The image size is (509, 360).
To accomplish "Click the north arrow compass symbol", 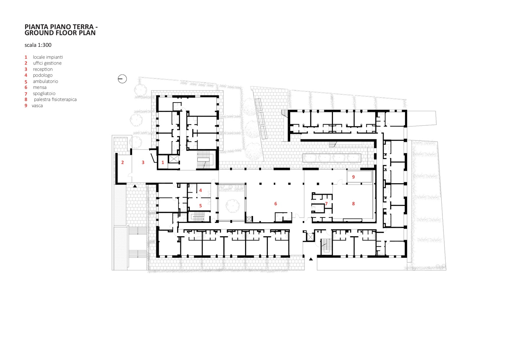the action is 122,79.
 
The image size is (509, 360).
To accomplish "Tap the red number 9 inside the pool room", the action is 353,177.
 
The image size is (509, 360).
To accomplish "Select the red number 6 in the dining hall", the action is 276,204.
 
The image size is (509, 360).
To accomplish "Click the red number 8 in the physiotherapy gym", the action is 353,204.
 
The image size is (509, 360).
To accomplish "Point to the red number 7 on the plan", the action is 326,204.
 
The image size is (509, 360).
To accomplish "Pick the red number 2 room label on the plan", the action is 122,162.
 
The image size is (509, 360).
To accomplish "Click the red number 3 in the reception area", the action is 143,162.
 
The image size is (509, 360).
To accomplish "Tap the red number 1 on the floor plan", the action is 163,162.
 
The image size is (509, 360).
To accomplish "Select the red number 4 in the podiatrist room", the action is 201,190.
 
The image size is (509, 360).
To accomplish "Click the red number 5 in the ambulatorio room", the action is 201,206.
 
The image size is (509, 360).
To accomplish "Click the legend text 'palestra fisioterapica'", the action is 55,100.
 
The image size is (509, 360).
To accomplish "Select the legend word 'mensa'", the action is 40,87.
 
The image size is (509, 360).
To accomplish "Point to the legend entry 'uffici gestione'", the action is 47,63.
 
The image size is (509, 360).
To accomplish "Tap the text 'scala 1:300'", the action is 38,45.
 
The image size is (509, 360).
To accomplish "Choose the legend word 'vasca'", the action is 37,106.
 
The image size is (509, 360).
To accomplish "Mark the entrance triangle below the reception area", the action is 135,186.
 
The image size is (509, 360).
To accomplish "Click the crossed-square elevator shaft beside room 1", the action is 174,159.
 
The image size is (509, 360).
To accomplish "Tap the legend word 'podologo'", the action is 43,75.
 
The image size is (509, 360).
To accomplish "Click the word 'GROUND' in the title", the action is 36,33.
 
